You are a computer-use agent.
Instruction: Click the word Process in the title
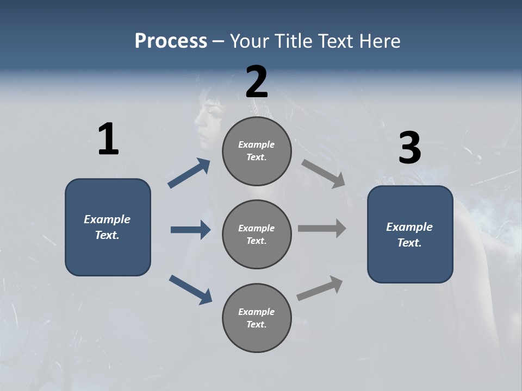click(x=171, y=41)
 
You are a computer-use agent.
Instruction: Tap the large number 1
click(x=108, y=140)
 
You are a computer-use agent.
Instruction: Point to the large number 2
click(x=257, y=82)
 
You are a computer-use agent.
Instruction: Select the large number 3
click(x=409, y=148)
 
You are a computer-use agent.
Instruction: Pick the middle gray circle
click(x=257, y=234)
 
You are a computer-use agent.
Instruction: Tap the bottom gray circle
click(x=257, y=318)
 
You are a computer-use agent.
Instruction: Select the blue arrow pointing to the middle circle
click(x=191, y=230)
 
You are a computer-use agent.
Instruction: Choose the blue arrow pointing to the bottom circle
click(x=191, y=289)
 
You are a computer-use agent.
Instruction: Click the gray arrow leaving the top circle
click(x=324, y=174)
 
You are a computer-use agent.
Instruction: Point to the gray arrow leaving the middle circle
click(x=322, y=228)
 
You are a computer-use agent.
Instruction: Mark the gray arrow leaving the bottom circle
click(x=320, y=288)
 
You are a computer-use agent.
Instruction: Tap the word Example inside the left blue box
click(x=107, y=219)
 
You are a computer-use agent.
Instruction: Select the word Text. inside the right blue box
click(x=409, y=243)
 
